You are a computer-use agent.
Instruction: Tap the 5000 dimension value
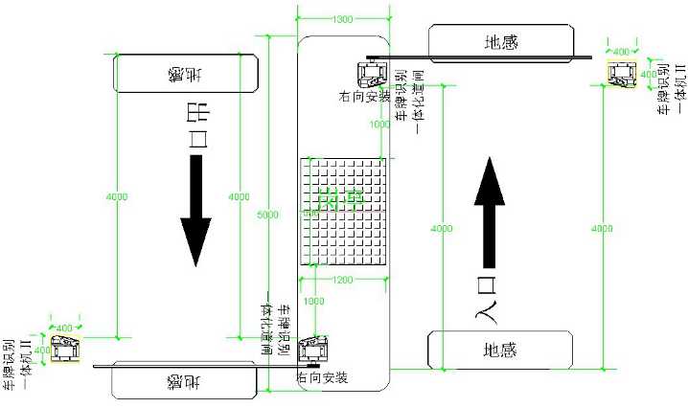[x=268, y=215]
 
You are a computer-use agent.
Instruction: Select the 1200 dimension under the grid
[x=344, y=280]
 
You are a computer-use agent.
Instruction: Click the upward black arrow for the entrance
[x=491, y=213]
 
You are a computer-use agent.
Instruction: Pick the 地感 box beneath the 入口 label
[x=499, y=351]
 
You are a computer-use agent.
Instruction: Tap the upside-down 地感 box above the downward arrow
[x=185, y=72]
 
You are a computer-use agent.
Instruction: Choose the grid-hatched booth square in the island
[x=344, y=211]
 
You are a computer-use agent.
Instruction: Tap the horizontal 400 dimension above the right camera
[x=620, y=51]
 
